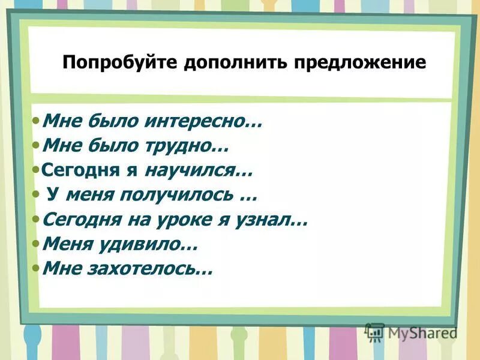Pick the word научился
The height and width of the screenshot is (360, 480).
[199, 171]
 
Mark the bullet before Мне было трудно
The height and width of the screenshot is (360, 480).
[37, 145]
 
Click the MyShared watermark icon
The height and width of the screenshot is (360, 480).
[375, 332]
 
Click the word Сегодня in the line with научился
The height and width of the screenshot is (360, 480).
[72, 171]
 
